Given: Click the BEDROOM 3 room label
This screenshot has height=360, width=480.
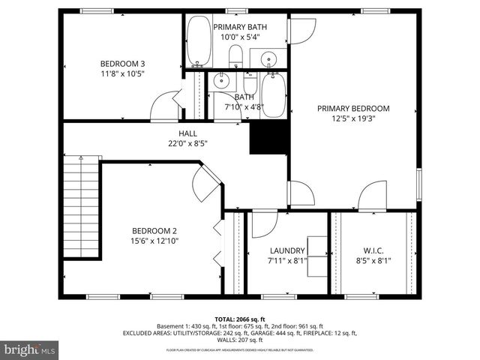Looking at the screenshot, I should [122, 63].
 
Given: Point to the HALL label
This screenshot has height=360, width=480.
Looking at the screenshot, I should [187, 133].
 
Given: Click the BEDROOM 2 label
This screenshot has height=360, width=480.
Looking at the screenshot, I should [154, 230].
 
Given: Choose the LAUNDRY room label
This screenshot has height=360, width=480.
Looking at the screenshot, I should [287, 250].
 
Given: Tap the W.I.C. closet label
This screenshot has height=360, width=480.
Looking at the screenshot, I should [373, 250].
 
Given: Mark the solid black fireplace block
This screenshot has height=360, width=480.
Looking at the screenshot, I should [269, 137].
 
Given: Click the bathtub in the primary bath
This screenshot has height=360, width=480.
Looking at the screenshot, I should [199, 42].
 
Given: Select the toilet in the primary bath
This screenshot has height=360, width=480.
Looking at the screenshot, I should [235, 55].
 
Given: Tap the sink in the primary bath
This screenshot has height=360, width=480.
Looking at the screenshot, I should [268, 58].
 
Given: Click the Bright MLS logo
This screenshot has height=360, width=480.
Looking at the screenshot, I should [29, 349].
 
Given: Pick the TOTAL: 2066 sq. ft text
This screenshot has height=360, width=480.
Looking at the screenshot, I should [240, 319].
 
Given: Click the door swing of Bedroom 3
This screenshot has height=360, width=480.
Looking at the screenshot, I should [164, 106].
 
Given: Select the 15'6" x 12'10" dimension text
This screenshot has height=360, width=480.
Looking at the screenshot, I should [154, 241].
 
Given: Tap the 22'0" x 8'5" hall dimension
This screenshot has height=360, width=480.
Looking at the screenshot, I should [187, 143].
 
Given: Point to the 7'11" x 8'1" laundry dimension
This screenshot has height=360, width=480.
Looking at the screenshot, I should [287, 261].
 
